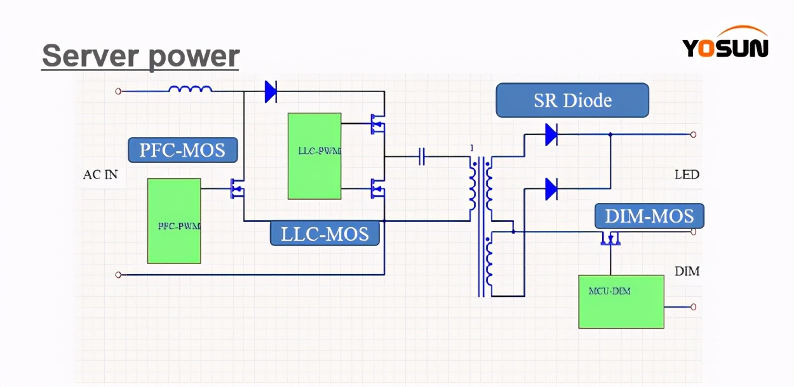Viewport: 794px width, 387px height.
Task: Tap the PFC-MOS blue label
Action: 183,150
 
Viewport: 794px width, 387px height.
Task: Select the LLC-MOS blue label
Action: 325,233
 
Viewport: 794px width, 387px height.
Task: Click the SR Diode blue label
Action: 572,100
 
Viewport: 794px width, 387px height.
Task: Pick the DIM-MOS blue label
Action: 649,216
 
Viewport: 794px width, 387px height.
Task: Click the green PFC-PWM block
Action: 174,221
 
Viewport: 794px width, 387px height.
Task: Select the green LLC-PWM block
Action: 314,156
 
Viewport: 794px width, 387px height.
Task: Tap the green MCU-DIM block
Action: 621,301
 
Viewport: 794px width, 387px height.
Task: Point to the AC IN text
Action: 100,174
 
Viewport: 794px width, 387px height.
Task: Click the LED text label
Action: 687,174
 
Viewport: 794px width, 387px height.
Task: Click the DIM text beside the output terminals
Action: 687,272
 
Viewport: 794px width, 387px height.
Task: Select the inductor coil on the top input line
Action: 191,90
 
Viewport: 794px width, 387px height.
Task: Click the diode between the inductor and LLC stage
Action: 271,91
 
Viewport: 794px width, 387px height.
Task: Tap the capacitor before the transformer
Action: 422,156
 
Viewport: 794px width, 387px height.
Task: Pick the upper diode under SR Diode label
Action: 551,134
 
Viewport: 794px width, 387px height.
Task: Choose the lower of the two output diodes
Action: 551,189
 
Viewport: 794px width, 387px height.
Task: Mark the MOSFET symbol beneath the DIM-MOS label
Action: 610,239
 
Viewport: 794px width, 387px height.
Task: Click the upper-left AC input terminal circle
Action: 118,91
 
